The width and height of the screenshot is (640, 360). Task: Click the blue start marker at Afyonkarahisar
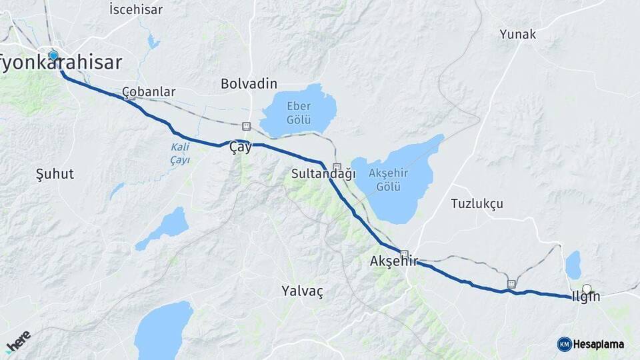(x=53, y=56)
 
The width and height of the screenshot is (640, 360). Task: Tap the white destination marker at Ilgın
(x=587, y=289)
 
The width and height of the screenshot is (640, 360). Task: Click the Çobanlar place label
(x=149, y=91)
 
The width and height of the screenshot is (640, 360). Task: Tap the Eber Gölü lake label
(x=299, y=111)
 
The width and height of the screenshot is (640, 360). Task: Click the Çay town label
(x=240, y=147)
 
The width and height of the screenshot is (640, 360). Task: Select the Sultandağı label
(x=319, y=174)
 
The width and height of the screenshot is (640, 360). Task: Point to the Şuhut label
(x=55, y=174)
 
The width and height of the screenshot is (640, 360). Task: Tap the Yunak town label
(x=517, y=34)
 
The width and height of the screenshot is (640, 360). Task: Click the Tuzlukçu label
(x=477, y=203)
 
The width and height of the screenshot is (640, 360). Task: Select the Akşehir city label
(x=393, y=262)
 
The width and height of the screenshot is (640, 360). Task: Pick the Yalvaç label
(x=302, y=291)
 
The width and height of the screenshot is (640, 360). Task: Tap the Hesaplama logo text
(x=598, y=344)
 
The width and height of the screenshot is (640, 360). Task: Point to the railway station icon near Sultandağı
(x=337, y=167)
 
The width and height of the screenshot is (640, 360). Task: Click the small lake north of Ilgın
(x=573, y=265)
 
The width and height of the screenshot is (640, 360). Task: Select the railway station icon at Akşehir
(x=404, y=254)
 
